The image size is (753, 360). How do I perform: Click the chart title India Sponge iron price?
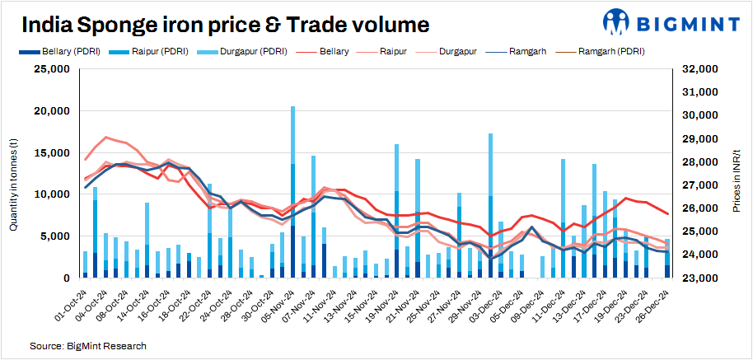point(223,25)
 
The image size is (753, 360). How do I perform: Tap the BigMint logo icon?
point(617,23)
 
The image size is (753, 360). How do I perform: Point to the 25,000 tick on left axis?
point(51,69)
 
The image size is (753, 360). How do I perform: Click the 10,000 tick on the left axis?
point(51,194)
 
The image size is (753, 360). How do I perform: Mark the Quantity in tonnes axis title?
point(14,174)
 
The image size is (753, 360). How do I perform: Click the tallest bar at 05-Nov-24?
point(292,191)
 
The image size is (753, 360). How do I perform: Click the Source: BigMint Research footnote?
point(88,345)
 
